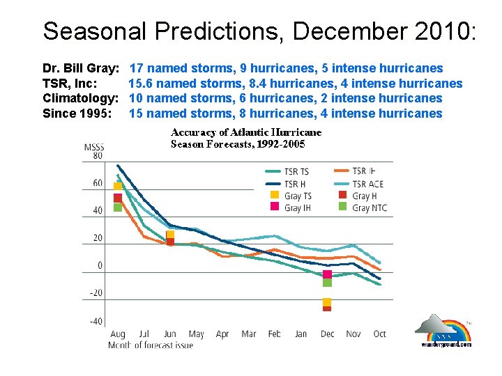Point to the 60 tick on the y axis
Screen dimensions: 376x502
click(97, 183)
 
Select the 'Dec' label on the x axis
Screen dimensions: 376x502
click(327, 334)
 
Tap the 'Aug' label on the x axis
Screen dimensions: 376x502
click(117, 334)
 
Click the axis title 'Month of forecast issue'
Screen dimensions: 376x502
click(151, 345)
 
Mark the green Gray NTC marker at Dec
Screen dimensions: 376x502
click(327, 282)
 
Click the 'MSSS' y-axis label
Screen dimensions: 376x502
click(94, 146)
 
